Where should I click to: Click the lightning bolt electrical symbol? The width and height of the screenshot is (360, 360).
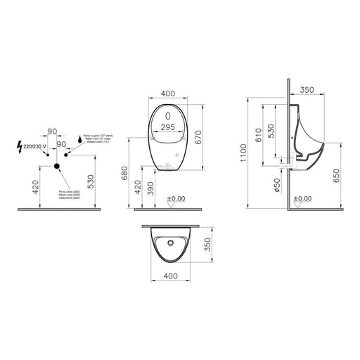(x=19, y=147)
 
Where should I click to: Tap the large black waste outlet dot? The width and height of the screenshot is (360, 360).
(x=57, y=166)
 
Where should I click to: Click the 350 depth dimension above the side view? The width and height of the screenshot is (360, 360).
(x=307, y=91)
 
